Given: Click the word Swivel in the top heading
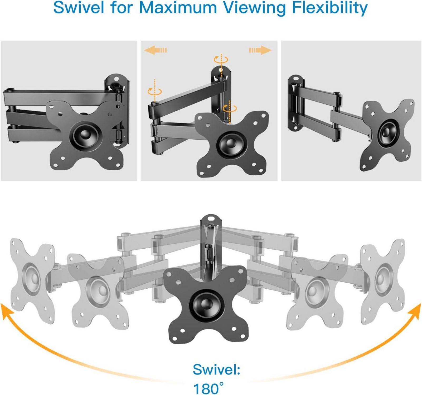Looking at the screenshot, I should [x=79, y=8].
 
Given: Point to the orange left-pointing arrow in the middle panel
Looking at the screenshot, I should [x=156, y=50].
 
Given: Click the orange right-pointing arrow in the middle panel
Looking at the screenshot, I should [x=260, y=50].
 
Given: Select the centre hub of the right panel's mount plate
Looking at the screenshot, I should [x=388, y=132].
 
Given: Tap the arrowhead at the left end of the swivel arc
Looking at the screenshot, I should [x=6, y=311].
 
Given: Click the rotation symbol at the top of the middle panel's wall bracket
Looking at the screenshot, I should [x=221, y=60].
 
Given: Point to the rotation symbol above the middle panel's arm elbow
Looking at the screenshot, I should [x=155, y=91].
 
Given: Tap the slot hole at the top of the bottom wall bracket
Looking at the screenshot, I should [x=211, y=218].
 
